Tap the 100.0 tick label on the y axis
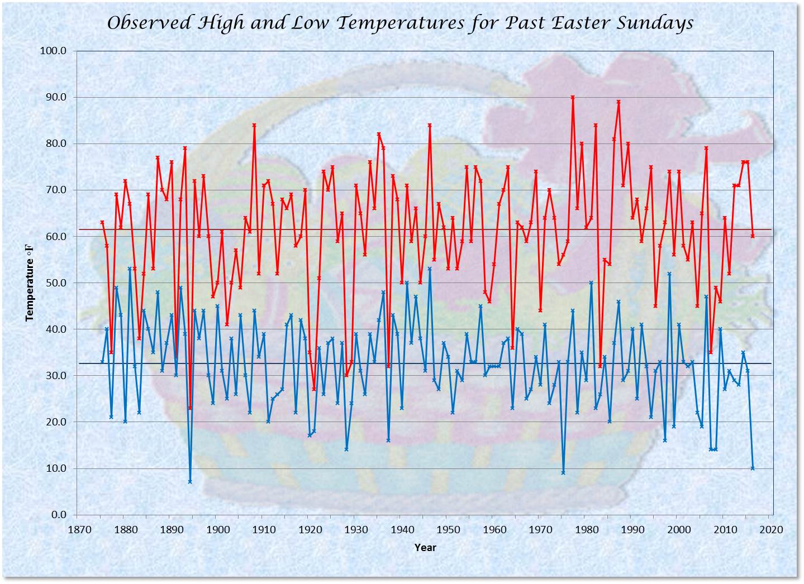coord(54,51)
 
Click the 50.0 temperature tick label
coord(56,283)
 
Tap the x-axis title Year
coord(425,548)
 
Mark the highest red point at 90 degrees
coord(573,98)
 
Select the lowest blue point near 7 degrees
coord(190,481)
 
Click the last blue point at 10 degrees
coord(753,468)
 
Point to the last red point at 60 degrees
coord(753,236)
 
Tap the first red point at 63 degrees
coord(102,222)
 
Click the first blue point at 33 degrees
coord(102,361)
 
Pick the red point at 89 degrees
coord(619,102)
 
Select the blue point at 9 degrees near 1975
coord(563,472)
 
